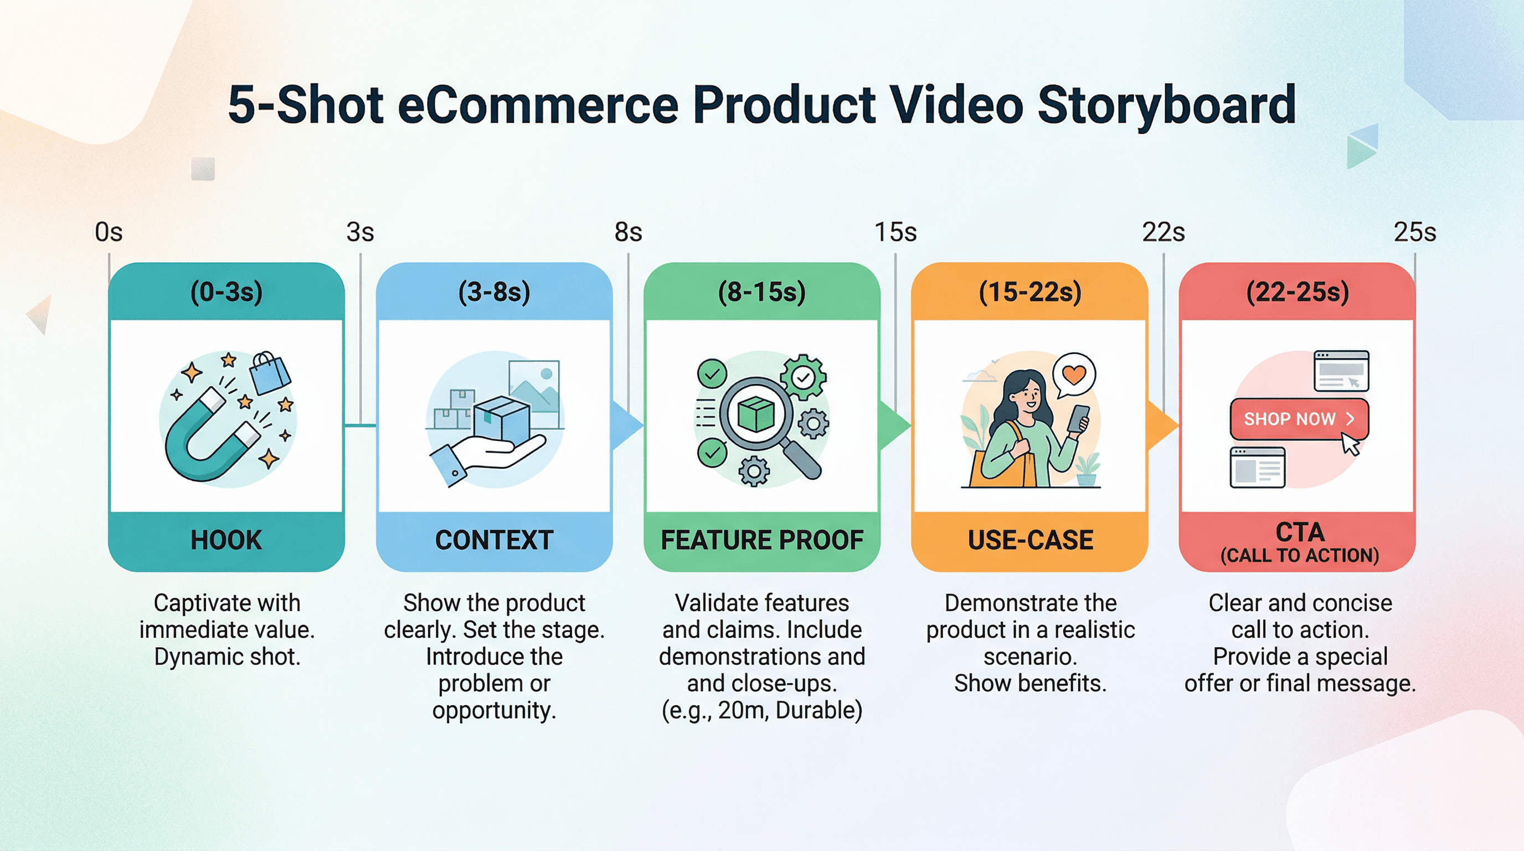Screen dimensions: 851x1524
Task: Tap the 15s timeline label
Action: click(x=895, y=232)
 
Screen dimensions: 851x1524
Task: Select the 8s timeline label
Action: click(x=627, y=232)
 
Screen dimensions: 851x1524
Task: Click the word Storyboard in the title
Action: click(x=1166, y=105)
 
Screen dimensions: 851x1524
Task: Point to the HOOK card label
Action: click(x=226, y=540)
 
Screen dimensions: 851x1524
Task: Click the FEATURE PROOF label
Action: click(x=761, y=540)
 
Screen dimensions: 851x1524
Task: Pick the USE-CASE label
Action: click(x=1030, y=540)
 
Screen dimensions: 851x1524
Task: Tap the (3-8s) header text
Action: click(x=494, y=292)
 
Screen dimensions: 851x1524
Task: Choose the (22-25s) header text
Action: click(x=1298, y=292)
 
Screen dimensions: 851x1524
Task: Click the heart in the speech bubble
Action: click(x=1074, y=374)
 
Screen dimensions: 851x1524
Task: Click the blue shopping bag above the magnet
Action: click(x=269, y=373)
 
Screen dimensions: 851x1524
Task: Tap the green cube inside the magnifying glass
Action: click(x=755, y=414)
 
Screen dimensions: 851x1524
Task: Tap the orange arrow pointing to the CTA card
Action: click(x=1161, y=425)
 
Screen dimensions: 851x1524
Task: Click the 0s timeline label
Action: click(x=109, y=232)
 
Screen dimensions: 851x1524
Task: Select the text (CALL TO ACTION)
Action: click(x=1299, y=556)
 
